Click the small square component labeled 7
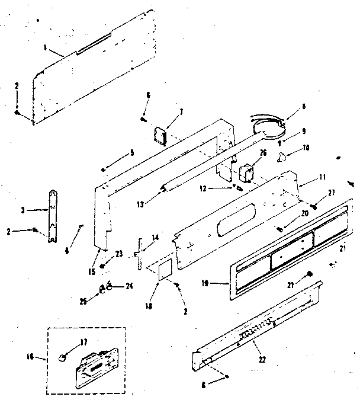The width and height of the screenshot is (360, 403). tap(159, 136)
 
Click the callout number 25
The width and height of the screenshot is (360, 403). tap(83, 302)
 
